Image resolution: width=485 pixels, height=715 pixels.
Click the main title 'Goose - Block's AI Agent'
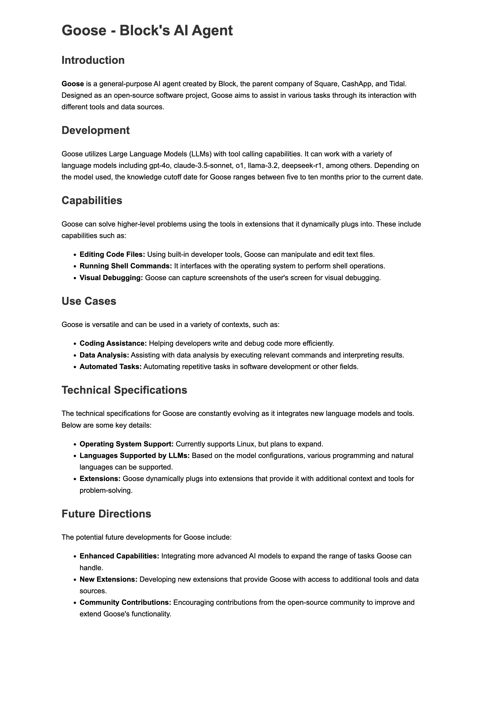pos(147,31)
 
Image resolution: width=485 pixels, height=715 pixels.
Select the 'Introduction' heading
pos(93,60)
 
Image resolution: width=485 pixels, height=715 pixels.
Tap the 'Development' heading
pos(95,131)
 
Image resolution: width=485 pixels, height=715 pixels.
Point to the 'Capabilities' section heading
pos(92,201)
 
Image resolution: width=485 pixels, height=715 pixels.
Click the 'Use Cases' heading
pos(89,301)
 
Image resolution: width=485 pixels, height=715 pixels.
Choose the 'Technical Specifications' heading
pos(124,390)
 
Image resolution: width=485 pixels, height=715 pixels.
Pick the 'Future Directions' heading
pos(106,514)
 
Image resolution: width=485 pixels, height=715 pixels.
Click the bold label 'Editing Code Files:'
pos(112,254)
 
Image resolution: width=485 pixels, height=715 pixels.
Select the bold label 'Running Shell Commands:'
pos(126,266)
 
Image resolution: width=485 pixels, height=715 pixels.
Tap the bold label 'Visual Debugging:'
pos(111,278)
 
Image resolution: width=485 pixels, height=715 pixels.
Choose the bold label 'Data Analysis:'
pos(104,355)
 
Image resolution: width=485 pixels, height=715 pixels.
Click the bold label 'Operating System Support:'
pos(127,444)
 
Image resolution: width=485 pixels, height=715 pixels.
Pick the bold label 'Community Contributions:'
pos(126,602)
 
